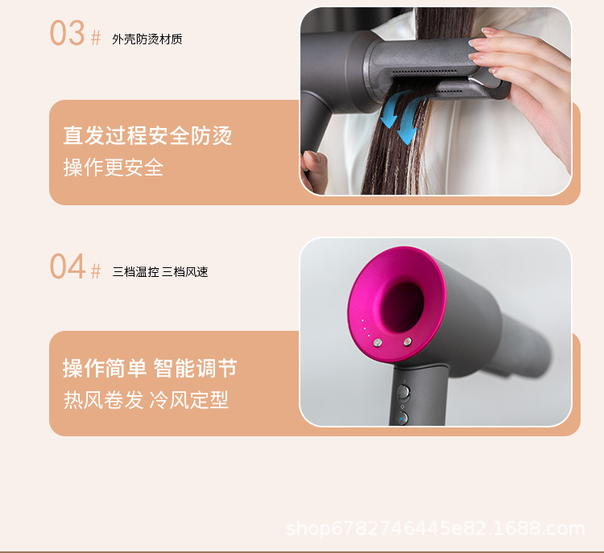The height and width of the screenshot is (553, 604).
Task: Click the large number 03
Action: click(67, 34)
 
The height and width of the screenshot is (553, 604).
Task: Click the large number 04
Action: click(67, 266)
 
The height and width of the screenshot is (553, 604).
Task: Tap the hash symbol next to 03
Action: click(96, 39)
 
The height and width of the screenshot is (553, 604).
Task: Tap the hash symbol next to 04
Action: click(96, 271)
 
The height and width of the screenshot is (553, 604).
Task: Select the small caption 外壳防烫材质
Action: click(147, 39)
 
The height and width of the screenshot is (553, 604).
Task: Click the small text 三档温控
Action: click(135, 272)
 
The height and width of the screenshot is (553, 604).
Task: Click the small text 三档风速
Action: click(185, 272)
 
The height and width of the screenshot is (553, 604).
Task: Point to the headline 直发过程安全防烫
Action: click(147, 135)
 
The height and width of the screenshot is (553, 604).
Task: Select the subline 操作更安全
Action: click(113, 167)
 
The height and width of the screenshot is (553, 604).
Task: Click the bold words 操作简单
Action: click(105, 369)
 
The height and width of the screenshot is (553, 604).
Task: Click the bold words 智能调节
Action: click(196, 369)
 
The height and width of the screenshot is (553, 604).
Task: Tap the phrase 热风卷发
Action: click(104, 400)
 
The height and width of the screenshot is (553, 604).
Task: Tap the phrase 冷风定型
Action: click(189, 400)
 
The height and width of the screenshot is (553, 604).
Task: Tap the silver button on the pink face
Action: click(407, 342)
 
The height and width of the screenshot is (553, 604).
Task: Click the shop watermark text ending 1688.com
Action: click(435, 529)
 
